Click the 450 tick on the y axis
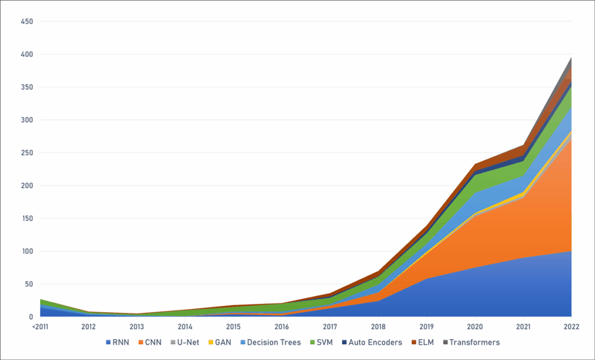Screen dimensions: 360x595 point(27,22)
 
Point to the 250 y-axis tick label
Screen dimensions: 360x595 point(27,153)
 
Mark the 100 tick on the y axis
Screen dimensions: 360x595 point(27,252)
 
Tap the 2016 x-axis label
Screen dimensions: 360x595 point(282,327)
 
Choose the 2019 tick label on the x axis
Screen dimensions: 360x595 point(427,327)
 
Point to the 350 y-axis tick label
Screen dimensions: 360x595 point(27,88)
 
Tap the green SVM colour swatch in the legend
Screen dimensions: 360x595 point(314,343)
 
